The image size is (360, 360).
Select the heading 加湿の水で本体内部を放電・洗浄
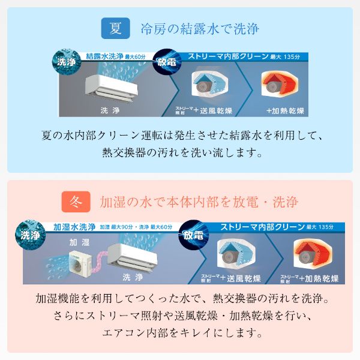(x=199, y=200)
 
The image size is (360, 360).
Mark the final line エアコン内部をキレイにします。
(x=180, y=332)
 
